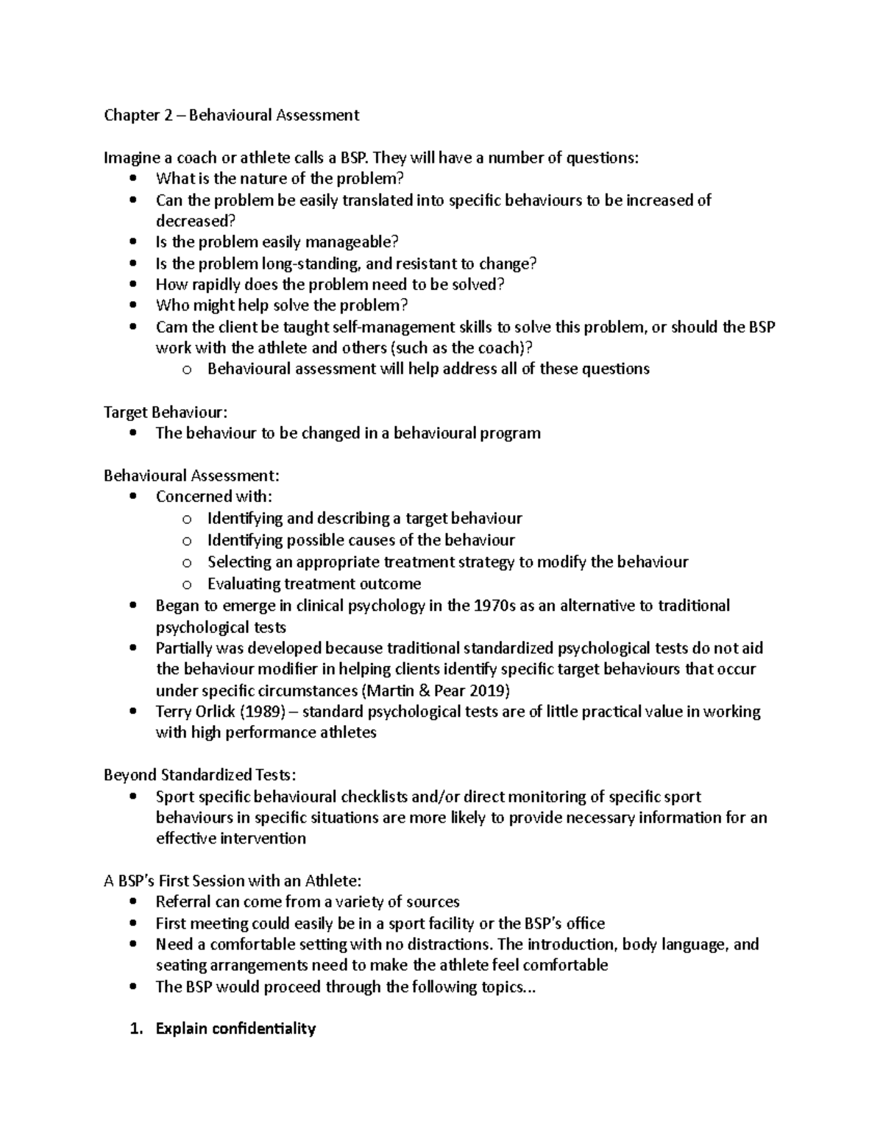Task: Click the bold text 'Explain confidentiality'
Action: click(x=235, y=1029)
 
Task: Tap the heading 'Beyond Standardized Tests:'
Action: click(x=199, y=775)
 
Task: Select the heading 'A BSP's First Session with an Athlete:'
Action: click(x=233, y=880)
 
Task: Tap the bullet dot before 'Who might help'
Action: click(x=132, y=305)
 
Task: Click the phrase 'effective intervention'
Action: click(x=230, y=838)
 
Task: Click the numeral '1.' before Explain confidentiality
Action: click(x=135, y=1029)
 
